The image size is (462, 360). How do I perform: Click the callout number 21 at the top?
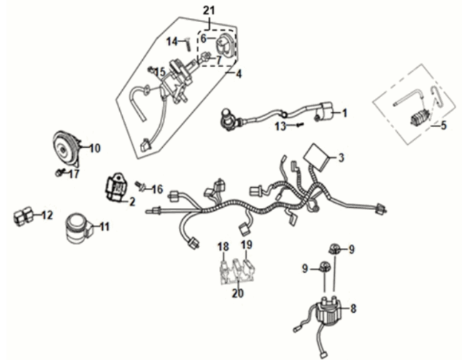[x=208, y=9]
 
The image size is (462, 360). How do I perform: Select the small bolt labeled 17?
[x=58, y=172]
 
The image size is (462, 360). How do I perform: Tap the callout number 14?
[x=171, y=41]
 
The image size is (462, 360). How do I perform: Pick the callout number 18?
[x=223, y=246]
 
